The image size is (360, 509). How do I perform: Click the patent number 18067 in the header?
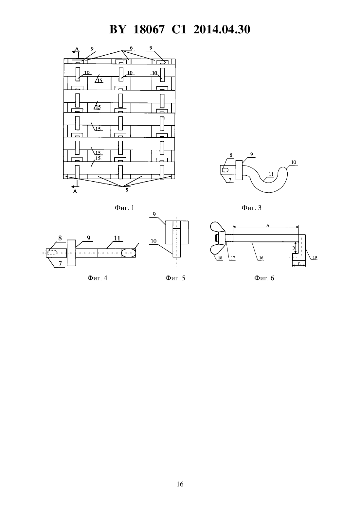(149, 29)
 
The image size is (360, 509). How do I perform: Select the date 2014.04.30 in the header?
(222, 29)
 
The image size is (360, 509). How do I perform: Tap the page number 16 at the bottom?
(180, 484)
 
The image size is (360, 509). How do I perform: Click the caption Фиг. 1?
(124, 208)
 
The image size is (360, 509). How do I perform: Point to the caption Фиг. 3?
(251, 208)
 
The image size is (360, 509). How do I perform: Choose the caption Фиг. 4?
(97, 278)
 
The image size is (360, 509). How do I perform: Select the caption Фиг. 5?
(175, 278)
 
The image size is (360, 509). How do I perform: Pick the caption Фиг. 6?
(264, 278)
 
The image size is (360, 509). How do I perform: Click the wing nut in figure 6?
(218, 238)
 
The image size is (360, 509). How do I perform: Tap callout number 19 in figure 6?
(315, 257)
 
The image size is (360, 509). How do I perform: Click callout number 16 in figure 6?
(261, 258)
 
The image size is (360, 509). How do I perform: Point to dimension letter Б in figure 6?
(299, 264)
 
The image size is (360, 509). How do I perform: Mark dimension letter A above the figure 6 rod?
(268, 225)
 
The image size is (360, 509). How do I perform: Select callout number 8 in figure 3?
(231, 155)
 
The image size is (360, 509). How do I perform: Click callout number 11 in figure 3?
(271, 174)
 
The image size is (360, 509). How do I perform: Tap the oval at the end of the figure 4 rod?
(129, 253)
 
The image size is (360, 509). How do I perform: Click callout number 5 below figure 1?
(127, 190)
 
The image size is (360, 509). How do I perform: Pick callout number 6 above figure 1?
(131, 48)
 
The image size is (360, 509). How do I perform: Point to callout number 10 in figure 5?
(153, 241)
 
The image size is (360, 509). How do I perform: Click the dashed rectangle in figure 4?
(52, 253)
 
